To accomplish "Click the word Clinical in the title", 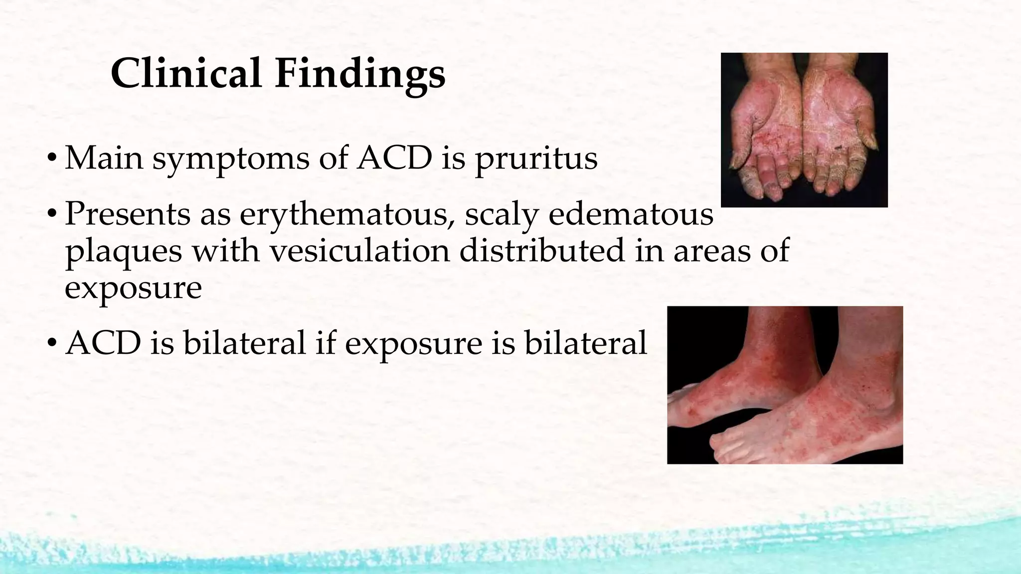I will pyautogui.click(x=186, y=73).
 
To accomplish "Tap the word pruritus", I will pyautogui.click(x=536, y=159).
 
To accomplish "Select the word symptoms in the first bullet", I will pyautogui.click(x=230, y=159).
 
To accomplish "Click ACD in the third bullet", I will pyautogui.click(x=103, y=343).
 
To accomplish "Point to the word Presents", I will pyautogui.click(x=128, y=215).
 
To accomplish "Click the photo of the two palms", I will pyautogui.click(x=804, y=130).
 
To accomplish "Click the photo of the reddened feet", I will pyautogui.click(x=785, y=385).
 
